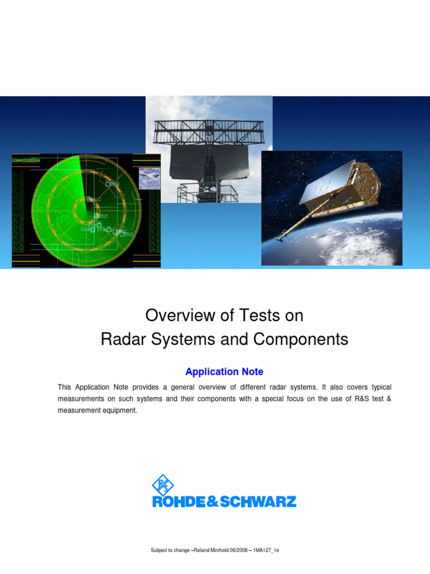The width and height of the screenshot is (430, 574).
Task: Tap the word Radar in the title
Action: pyautogui.click(x=119, y=339)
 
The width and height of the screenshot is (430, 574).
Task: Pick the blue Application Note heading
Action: pyautogui.click(x=224, y=372)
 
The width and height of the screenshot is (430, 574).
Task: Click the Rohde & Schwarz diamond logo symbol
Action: pyautogui.click(x=163, y=485)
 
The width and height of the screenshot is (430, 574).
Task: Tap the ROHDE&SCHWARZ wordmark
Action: pyautogui.click(x=224, y=501)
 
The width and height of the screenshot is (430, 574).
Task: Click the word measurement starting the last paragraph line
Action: pyautogui.click(x=78, y=410)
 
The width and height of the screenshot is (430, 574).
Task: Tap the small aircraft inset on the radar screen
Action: pyautogui.click(x=149, y=178)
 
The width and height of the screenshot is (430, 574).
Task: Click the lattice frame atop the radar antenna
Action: pyautogui.click(x=208, y=129)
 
